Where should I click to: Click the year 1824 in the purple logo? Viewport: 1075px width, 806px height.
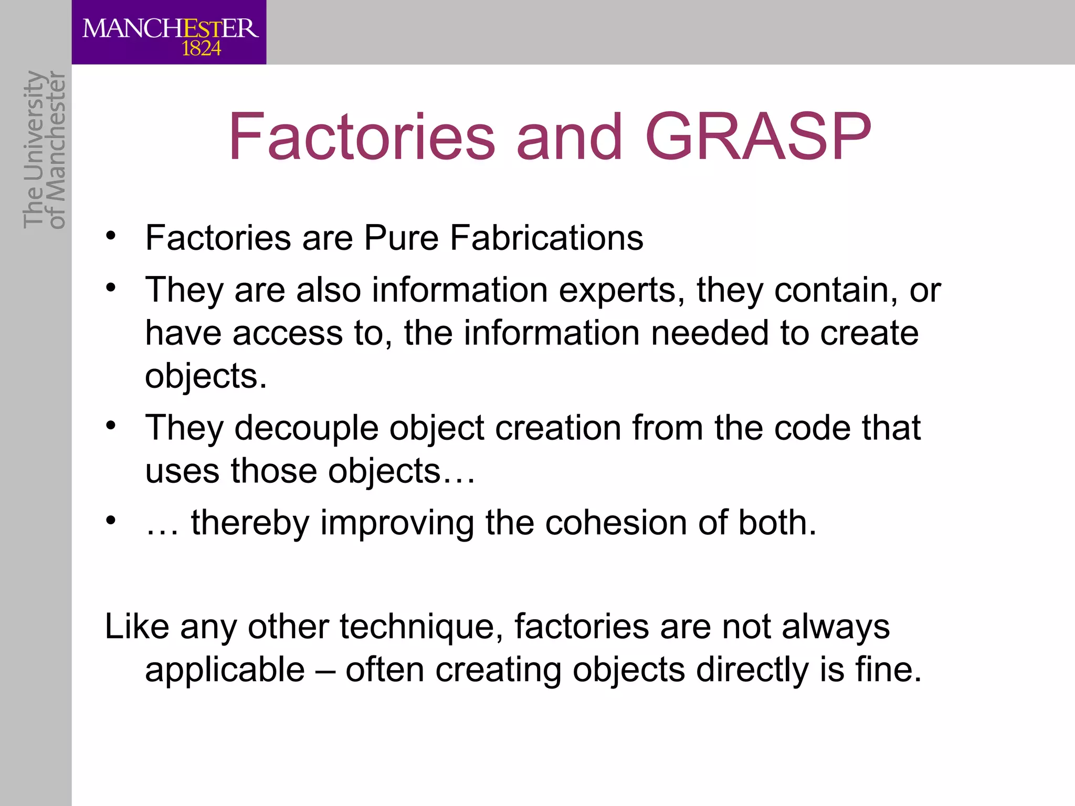(201, 49)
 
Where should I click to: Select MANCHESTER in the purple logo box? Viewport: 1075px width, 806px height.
(170, 28)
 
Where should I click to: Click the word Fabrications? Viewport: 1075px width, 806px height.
(546, 238)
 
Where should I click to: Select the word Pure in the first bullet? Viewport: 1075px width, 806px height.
(401, 238)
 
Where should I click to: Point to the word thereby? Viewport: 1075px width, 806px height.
(250, 523)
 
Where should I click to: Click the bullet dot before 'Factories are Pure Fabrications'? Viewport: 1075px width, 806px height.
(110, 236)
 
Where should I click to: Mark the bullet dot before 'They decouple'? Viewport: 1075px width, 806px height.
(110, 426)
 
